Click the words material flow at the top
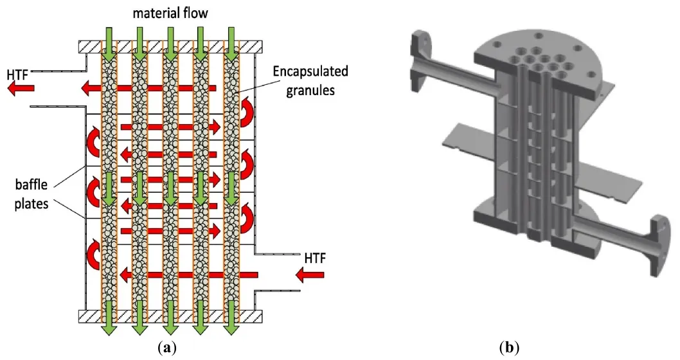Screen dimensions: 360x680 (x=170, y=12)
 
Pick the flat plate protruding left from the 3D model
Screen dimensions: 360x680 (x=463, y=135)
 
